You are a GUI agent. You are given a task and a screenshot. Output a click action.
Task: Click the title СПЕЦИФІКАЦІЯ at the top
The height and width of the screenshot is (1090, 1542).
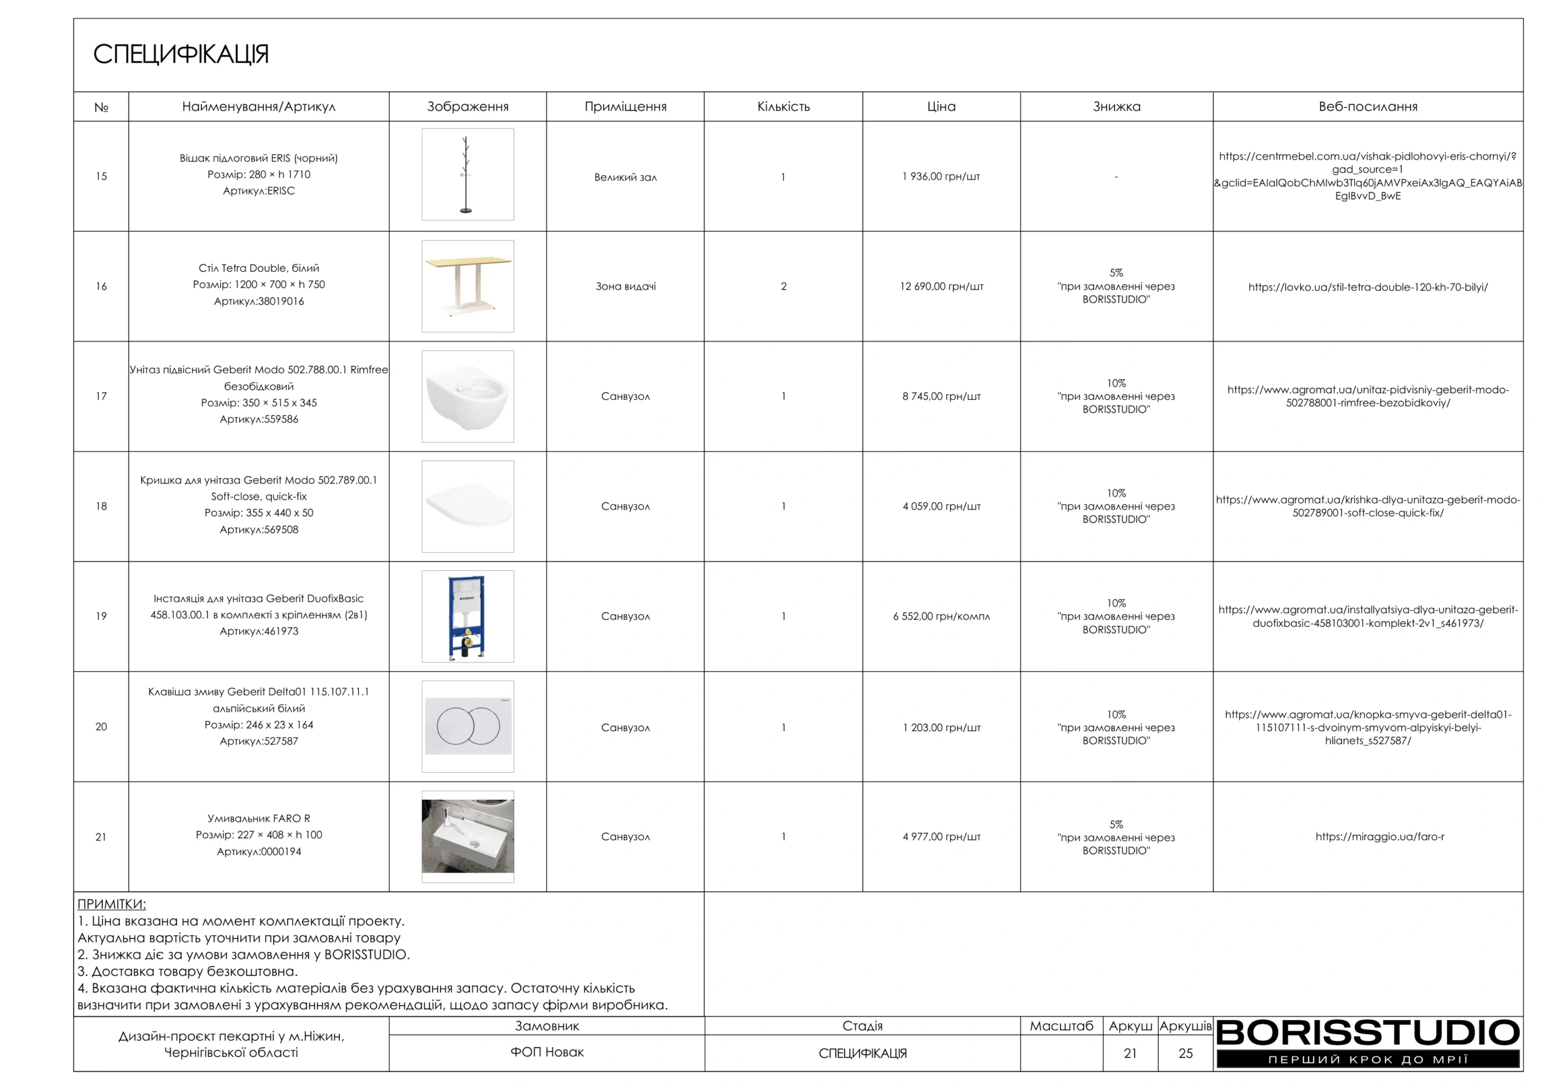pos(181,54)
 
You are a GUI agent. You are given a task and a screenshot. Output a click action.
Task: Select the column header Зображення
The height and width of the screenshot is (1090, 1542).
pos(467,107)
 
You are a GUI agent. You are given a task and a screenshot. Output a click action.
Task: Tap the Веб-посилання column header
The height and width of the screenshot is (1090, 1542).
pos(1367,107)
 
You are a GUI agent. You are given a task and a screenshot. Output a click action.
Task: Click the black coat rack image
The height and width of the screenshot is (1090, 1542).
pos(467,175)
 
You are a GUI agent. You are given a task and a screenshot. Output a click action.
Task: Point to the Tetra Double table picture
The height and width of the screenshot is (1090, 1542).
pos(467,285)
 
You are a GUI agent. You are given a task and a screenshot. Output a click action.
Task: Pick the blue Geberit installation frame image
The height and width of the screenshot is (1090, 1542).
pos(467,616)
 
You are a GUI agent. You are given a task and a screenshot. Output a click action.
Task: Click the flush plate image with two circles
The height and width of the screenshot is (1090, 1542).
pos(467,726)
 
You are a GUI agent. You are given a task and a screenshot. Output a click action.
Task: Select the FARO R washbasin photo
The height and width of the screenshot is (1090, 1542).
pos(467,836)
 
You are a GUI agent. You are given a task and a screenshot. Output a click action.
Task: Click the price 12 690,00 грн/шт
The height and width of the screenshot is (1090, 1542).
pos(941,287)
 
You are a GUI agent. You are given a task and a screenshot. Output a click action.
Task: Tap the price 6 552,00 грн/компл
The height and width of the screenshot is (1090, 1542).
pos(941,617)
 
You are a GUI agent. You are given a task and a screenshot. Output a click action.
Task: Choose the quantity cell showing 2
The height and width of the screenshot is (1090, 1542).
pos(783,287)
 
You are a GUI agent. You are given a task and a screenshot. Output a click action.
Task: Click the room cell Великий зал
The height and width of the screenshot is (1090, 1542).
pos(625,177)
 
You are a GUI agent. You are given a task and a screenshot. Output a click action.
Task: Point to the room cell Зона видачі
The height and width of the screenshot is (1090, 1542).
pos(625,287)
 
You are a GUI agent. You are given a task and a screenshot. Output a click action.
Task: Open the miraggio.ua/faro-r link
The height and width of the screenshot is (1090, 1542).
pos(1379,837)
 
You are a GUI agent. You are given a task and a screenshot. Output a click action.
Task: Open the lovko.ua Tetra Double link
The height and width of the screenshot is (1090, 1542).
pos(1367,287)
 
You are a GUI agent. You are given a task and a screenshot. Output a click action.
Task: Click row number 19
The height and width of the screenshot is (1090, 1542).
pos(101,617)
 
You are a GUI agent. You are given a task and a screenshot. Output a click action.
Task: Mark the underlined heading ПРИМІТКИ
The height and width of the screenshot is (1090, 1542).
pos(111,904)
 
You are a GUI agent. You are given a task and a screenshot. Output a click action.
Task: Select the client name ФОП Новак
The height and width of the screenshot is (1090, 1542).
pos(547,1053)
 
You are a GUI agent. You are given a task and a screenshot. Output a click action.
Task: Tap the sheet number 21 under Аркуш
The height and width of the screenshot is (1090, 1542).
pos(1131,1053)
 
